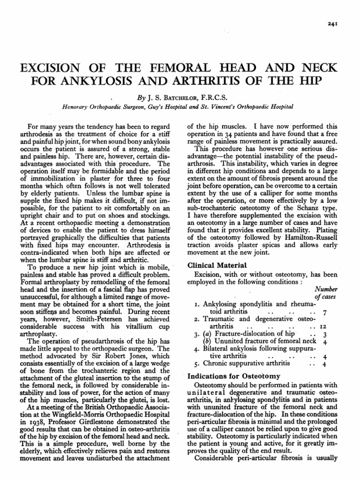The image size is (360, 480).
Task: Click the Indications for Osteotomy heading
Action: [234, 375]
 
